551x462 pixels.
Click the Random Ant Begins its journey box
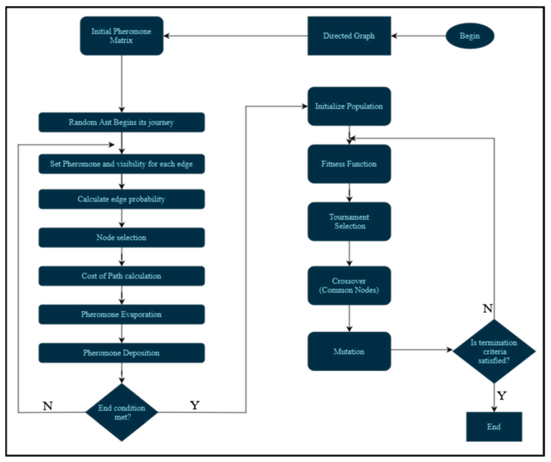tap(122, 122)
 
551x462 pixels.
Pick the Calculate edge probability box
tap(122, 199)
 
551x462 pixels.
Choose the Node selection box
tap(122, 237)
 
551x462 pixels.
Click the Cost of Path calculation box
tap(122, 276)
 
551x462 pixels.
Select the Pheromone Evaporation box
tap(122, 314)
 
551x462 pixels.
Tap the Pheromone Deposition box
tap(122, 353)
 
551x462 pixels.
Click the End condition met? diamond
tap(122, 412)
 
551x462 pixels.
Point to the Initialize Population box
tap(349, 106)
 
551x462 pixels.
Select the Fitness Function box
tap(349, 164)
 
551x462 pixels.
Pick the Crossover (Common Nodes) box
tap(349, 285)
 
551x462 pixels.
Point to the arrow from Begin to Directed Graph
tap(418, 36)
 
